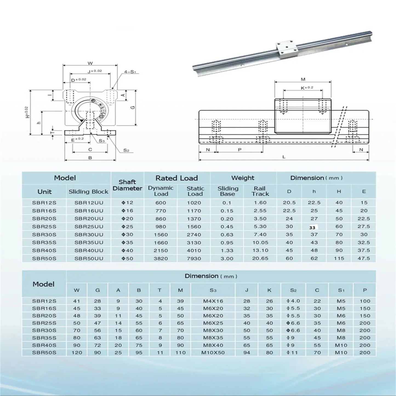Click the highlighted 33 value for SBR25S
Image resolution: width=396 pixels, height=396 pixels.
coord(312,227)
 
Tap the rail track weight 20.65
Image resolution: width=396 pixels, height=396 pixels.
coord(260,258)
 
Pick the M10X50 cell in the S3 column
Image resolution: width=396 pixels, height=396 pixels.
coord(213,353)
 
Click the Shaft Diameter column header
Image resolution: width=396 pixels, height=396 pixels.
coord(127,185)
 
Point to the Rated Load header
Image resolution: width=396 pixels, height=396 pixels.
coord(177,178)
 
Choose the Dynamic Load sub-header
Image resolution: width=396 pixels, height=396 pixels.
coord(161,191)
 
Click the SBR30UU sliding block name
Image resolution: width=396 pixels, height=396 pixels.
coord(89,235)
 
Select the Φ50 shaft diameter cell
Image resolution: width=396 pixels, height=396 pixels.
coord(127,258)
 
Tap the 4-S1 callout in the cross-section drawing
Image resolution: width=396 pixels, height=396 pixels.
coord(130,72)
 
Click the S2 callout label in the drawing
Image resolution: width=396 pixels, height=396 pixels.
coord(126,150)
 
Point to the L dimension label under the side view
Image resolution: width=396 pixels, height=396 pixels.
coord(284,157)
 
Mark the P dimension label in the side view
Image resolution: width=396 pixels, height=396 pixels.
coord(240,150)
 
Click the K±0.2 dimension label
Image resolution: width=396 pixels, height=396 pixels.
coord(307,88)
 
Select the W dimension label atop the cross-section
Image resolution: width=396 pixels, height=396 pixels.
coord(90,63)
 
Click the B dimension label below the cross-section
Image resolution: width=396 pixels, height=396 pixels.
coord(90,158)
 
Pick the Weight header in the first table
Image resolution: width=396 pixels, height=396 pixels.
coord(243,178)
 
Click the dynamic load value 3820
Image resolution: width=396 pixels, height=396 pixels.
coord(161,258)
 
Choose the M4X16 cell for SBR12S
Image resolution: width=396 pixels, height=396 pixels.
coord(213,301)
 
